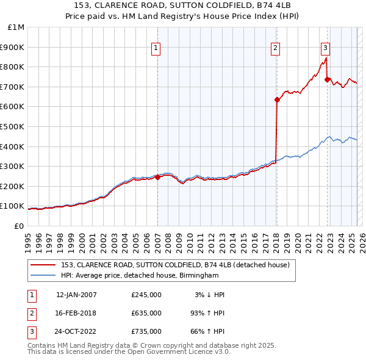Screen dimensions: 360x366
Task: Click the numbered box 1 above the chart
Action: coord(156,48)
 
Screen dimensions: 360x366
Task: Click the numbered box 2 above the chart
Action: coord(276,48)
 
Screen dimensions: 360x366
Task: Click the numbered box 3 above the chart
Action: coord(326,48)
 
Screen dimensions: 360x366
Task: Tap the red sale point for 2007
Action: coord(157,178)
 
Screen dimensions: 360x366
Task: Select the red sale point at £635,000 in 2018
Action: coord(277,99)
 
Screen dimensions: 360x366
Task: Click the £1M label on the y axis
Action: coord(16,27)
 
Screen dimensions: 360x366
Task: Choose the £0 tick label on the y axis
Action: coord(18,226)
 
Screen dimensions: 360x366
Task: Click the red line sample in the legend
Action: coord(43,265)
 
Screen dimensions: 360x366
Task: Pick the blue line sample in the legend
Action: coord(43,276)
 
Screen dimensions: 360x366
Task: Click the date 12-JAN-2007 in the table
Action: coord(76,295)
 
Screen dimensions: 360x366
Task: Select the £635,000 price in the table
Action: coord(146,313)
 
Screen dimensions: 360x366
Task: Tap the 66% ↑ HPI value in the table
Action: coord(207,331)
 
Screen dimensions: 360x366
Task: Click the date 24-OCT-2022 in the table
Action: coord(76,331)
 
